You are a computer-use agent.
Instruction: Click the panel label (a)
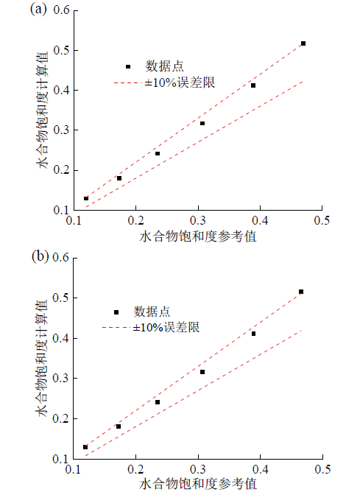38,10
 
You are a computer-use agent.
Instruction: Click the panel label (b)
40,256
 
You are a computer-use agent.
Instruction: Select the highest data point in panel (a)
303,43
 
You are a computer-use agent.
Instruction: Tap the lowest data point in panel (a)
86,198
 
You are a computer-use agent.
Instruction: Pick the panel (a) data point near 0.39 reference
253,85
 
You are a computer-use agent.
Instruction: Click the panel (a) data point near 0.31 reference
202,123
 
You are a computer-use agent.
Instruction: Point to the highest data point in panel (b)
301,292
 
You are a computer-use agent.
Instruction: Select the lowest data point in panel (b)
85,447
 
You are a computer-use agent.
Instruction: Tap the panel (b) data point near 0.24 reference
158,402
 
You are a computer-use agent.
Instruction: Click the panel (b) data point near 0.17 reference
119,426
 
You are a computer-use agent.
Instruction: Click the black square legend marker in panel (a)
128,66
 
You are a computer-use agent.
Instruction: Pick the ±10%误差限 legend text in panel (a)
180,82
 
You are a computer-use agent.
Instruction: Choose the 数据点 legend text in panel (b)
152,312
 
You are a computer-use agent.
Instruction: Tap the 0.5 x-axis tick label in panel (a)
322,220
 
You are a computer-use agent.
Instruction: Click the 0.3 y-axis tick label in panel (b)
61,378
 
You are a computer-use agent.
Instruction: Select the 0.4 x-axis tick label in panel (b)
261,469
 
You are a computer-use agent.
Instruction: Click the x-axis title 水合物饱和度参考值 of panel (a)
198,236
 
